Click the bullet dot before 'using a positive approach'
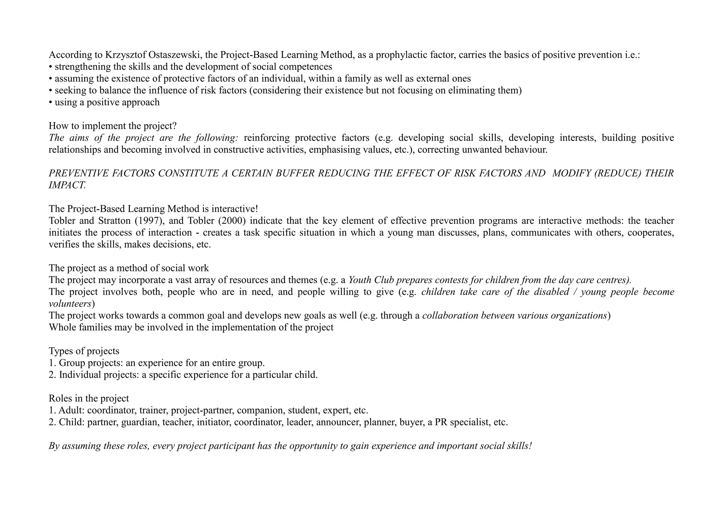[x=50, y=103]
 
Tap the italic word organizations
[x=578, y=315]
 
